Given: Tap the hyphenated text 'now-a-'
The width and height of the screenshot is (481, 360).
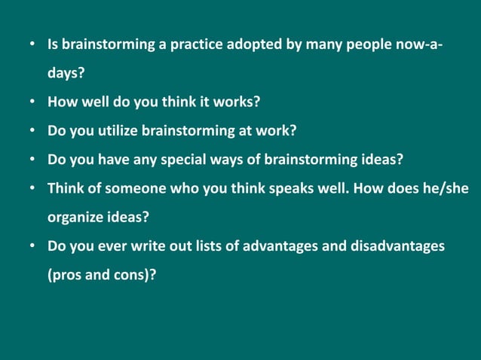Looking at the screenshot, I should point(420,45).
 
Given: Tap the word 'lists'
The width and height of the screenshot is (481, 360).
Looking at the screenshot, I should point(202,246).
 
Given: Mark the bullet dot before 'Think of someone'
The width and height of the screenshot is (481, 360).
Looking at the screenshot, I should point(33,188).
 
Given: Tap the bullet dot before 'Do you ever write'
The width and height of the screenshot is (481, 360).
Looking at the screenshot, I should point(33,246).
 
